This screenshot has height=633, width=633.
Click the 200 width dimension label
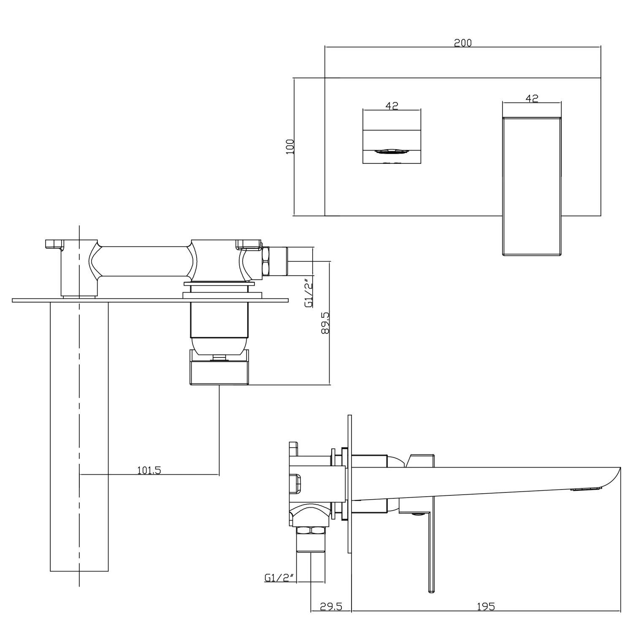[x=463, y=43]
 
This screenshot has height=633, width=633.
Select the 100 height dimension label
[x=290, y=146]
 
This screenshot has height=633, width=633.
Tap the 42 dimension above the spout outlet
[x=392, y=106]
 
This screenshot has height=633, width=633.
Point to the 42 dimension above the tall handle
[x=532, y=98]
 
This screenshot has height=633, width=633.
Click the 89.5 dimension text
[x=325, y=323]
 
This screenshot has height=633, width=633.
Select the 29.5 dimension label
[x=330, y=607]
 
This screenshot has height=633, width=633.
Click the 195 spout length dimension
[x=485, y=607]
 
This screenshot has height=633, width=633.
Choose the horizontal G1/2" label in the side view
[x=279, y=578]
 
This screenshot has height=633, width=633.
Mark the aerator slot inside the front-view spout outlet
[x=391, y=152]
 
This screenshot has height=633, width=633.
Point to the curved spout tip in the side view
[x=612, y=477]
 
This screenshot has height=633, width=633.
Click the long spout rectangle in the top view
[x=79, y=435]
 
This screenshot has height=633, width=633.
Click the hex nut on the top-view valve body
[x=266, y=262]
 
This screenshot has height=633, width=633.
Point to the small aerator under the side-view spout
[x=587, y=489]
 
